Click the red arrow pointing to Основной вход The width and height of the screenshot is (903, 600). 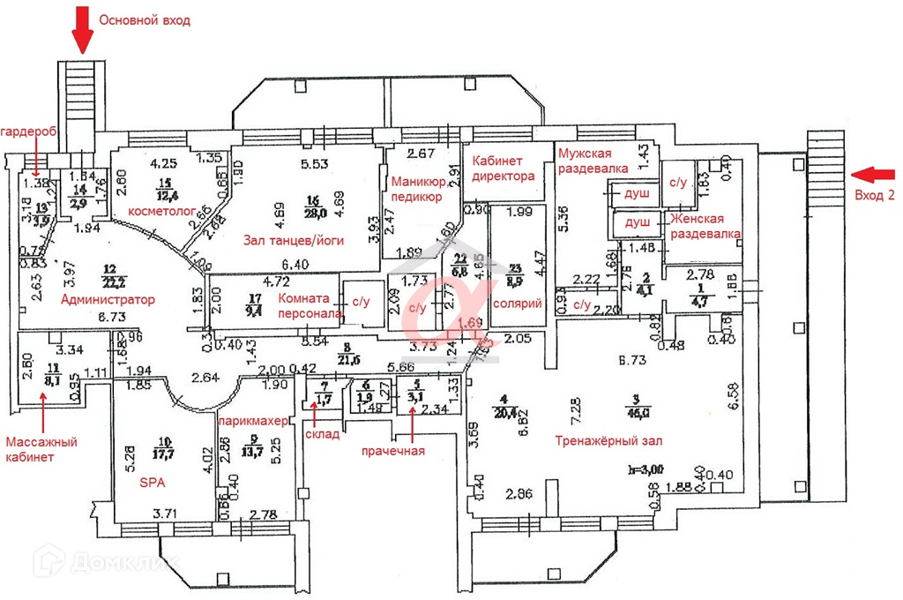pyautogui.click(x=82, y=30)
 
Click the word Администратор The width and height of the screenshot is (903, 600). pyautogui.click(x=108, y=300)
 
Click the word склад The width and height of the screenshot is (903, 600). pyautogui.click(x=321, y=434)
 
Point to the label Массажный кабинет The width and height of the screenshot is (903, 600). pyautogui.click(x=41, y=448)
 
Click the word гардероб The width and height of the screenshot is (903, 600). pyautogui.click(x=29, y=131)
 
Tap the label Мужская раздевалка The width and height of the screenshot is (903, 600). pyautogui.click(x=593, y=160)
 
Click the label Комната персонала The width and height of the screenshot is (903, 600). pyautogui.click(x=304, y=305)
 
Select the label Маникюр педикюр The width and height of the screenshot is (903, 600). pyautogui.click(x=416, y=190)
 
